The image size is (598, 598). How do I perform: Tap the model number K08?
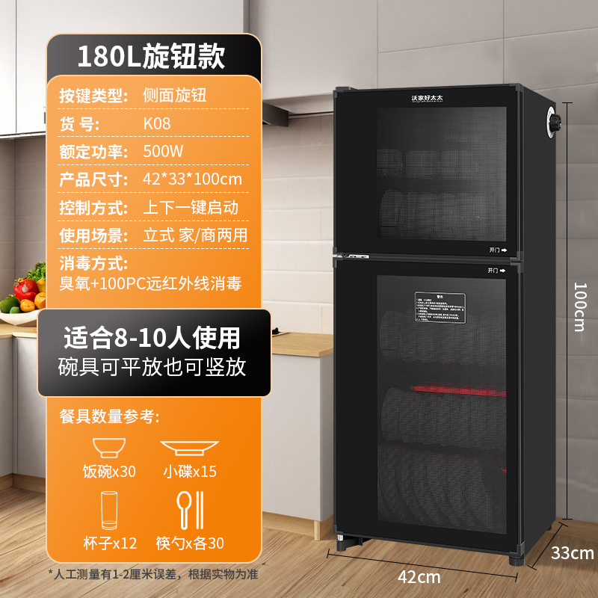point(157,123)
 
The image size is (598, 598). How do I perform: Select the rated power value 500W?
point(164,151)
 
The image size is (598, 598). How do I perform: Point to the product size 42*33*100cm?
point(192,179)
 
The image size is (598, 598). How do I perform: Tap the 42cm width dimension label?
point(419,576)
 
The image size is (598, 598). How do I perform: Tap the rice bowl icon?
point(109,448)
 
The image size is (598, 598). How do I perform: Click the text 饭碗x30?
point(109,472)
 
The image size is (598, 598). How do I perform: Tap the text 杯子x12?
point(109,543)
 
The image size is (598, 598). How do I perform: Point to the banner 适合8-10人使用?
point(152,338)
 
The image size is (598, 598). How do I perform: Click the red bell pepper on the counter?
point(25,289)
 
